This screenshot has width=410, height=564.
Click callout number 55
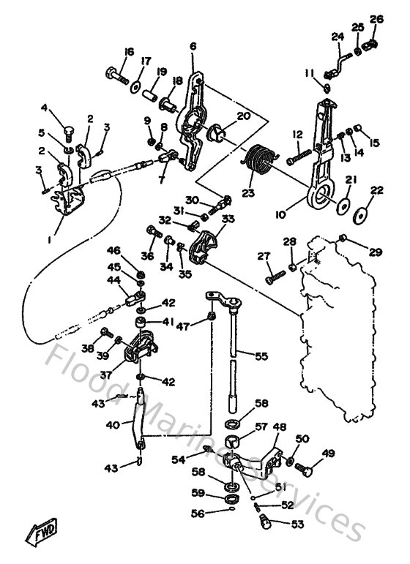point(261,356)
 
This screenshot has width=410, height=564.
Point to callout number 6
point(193,46)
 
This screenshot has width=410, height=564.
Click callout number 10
point(281,217)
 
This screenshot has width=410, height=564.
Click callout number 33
point(228,218)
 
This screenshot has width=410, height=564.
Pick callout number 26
point(376,19)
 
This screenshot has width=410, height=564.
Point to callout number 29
point(375,252)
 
